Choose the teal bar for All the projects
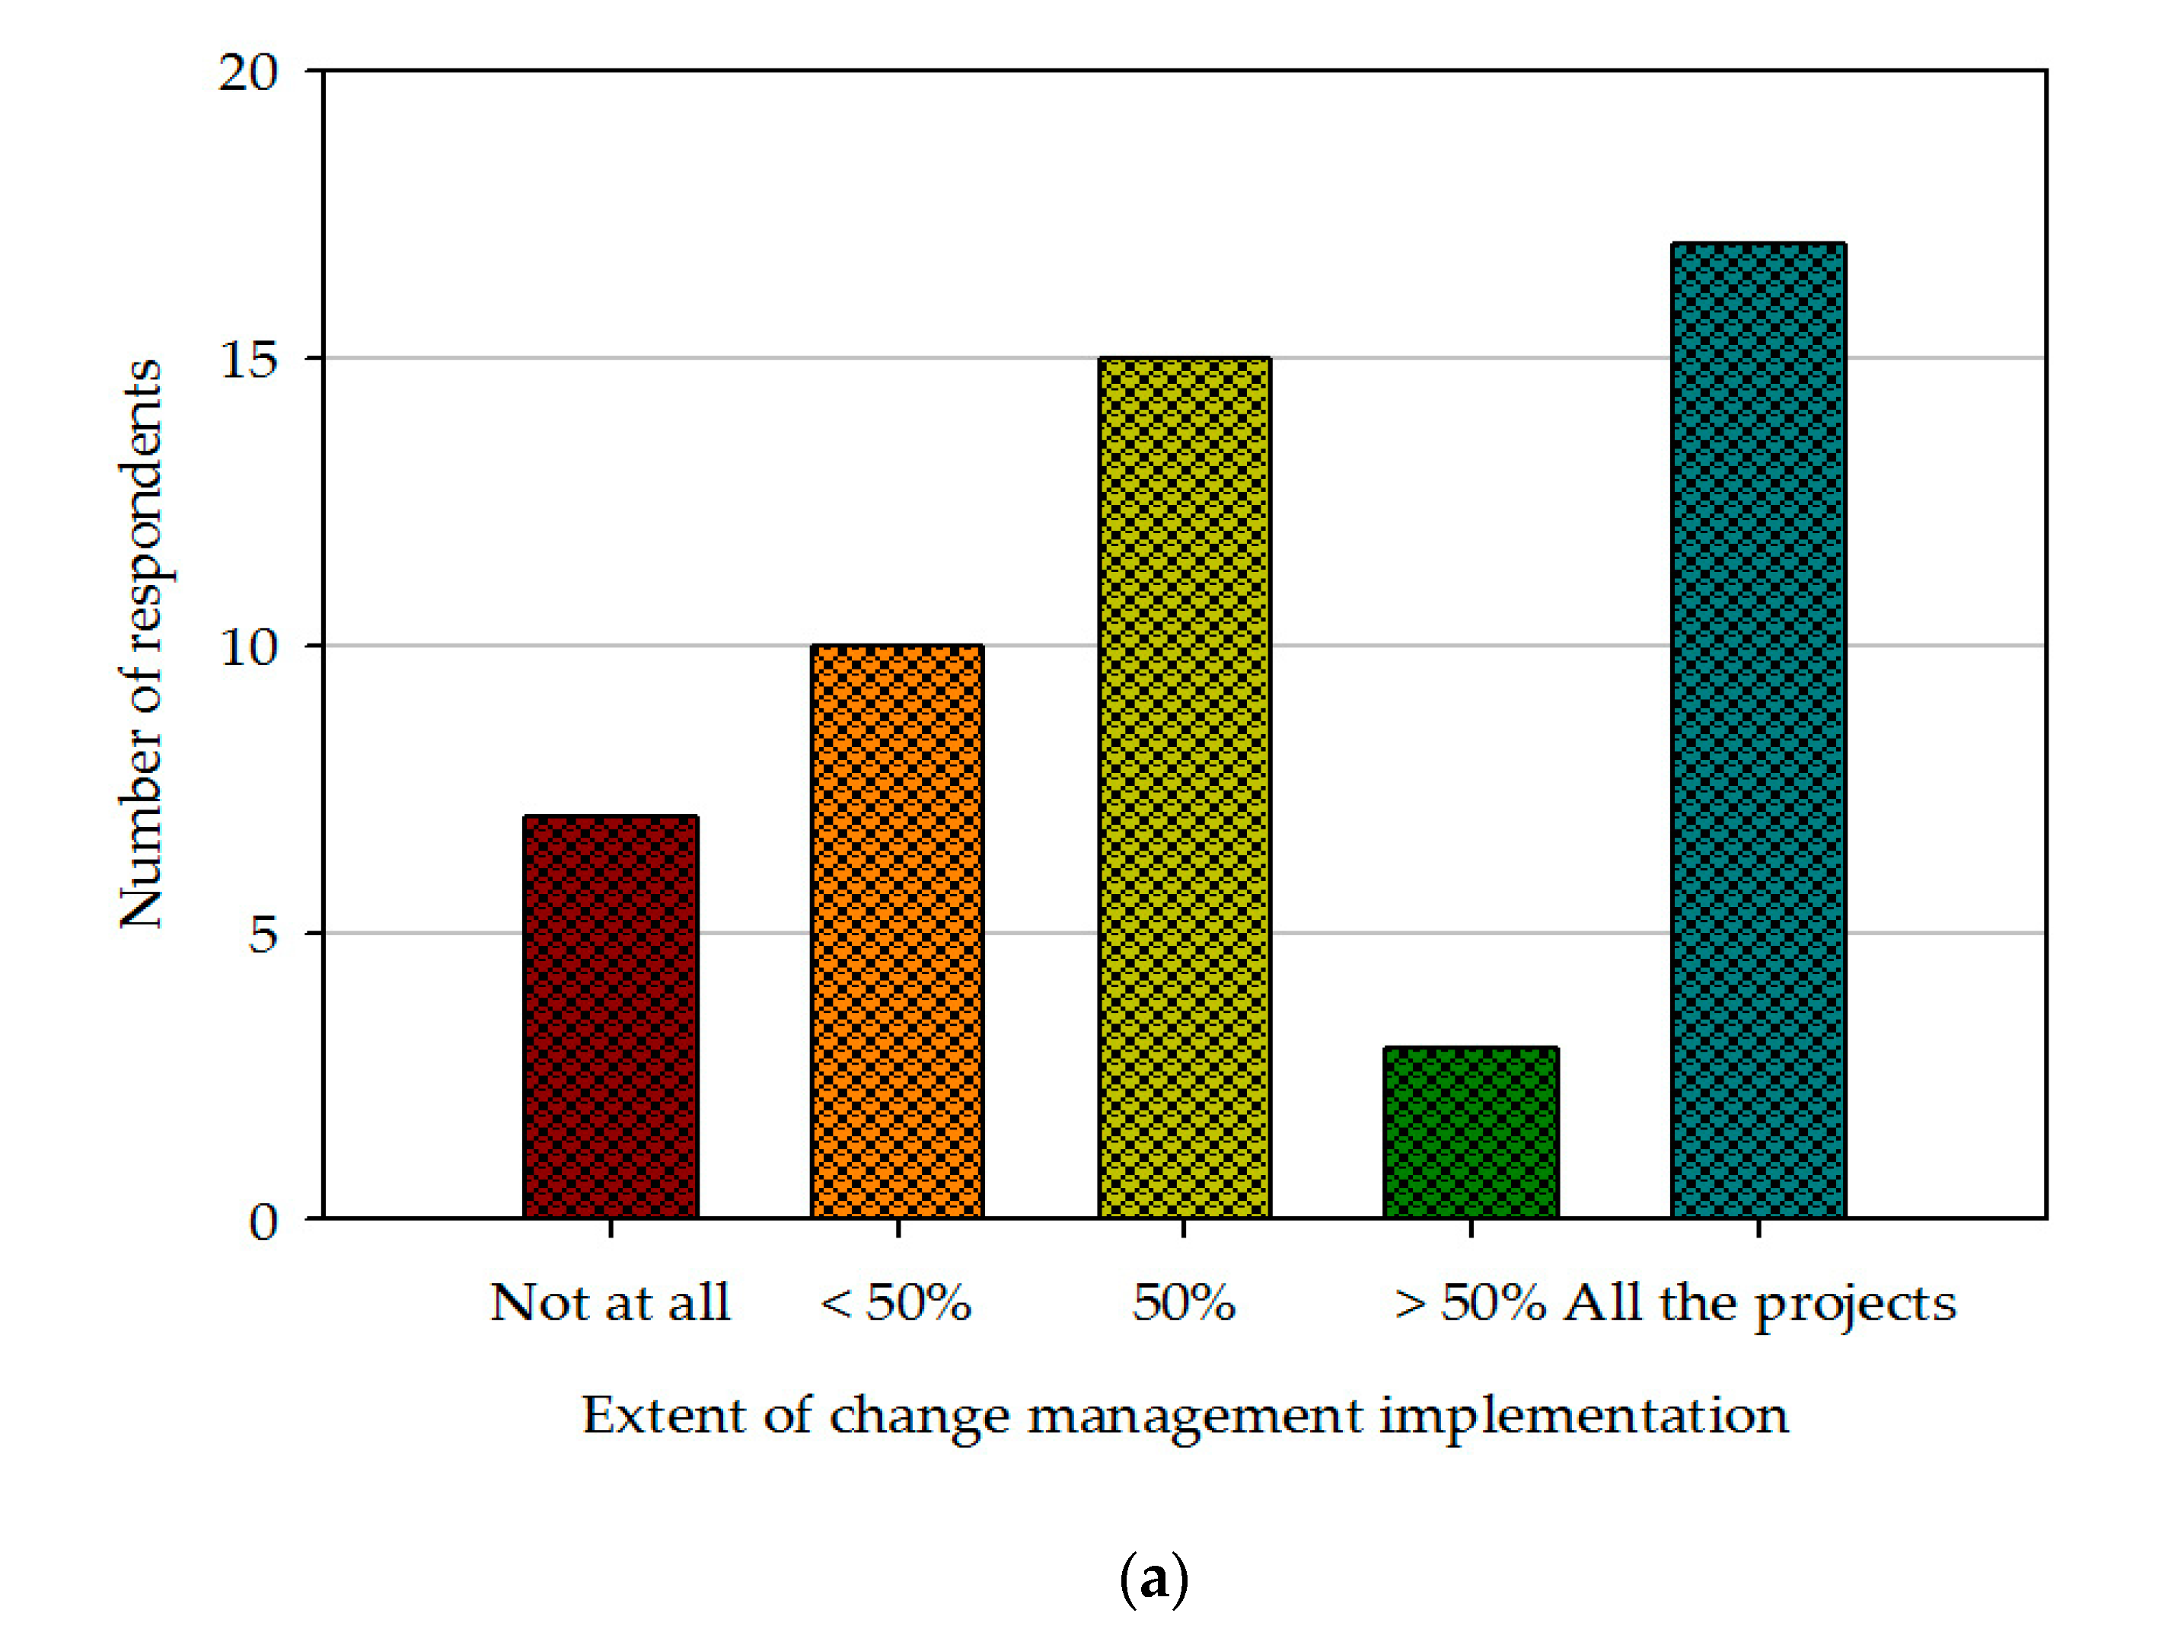pyautogui.click(x=1758, y=730)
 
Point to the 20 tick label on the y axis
pyautogui.click(x=247, y=72)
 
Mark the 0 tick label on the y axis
pyautogui.click(x=263, y=1222)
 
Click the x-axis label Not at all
pyautogui.click(x=610, y=1303)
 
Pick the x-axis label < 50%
pyautogui.click(x=894, y=1303)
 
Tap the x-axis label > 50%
pyautogui.click(x=1469, y=1303)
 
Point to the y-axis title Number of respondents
pyautogui.click(x=141, y=644)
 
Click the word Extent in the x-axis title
pyautogui.click(x=664, y=1416)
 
